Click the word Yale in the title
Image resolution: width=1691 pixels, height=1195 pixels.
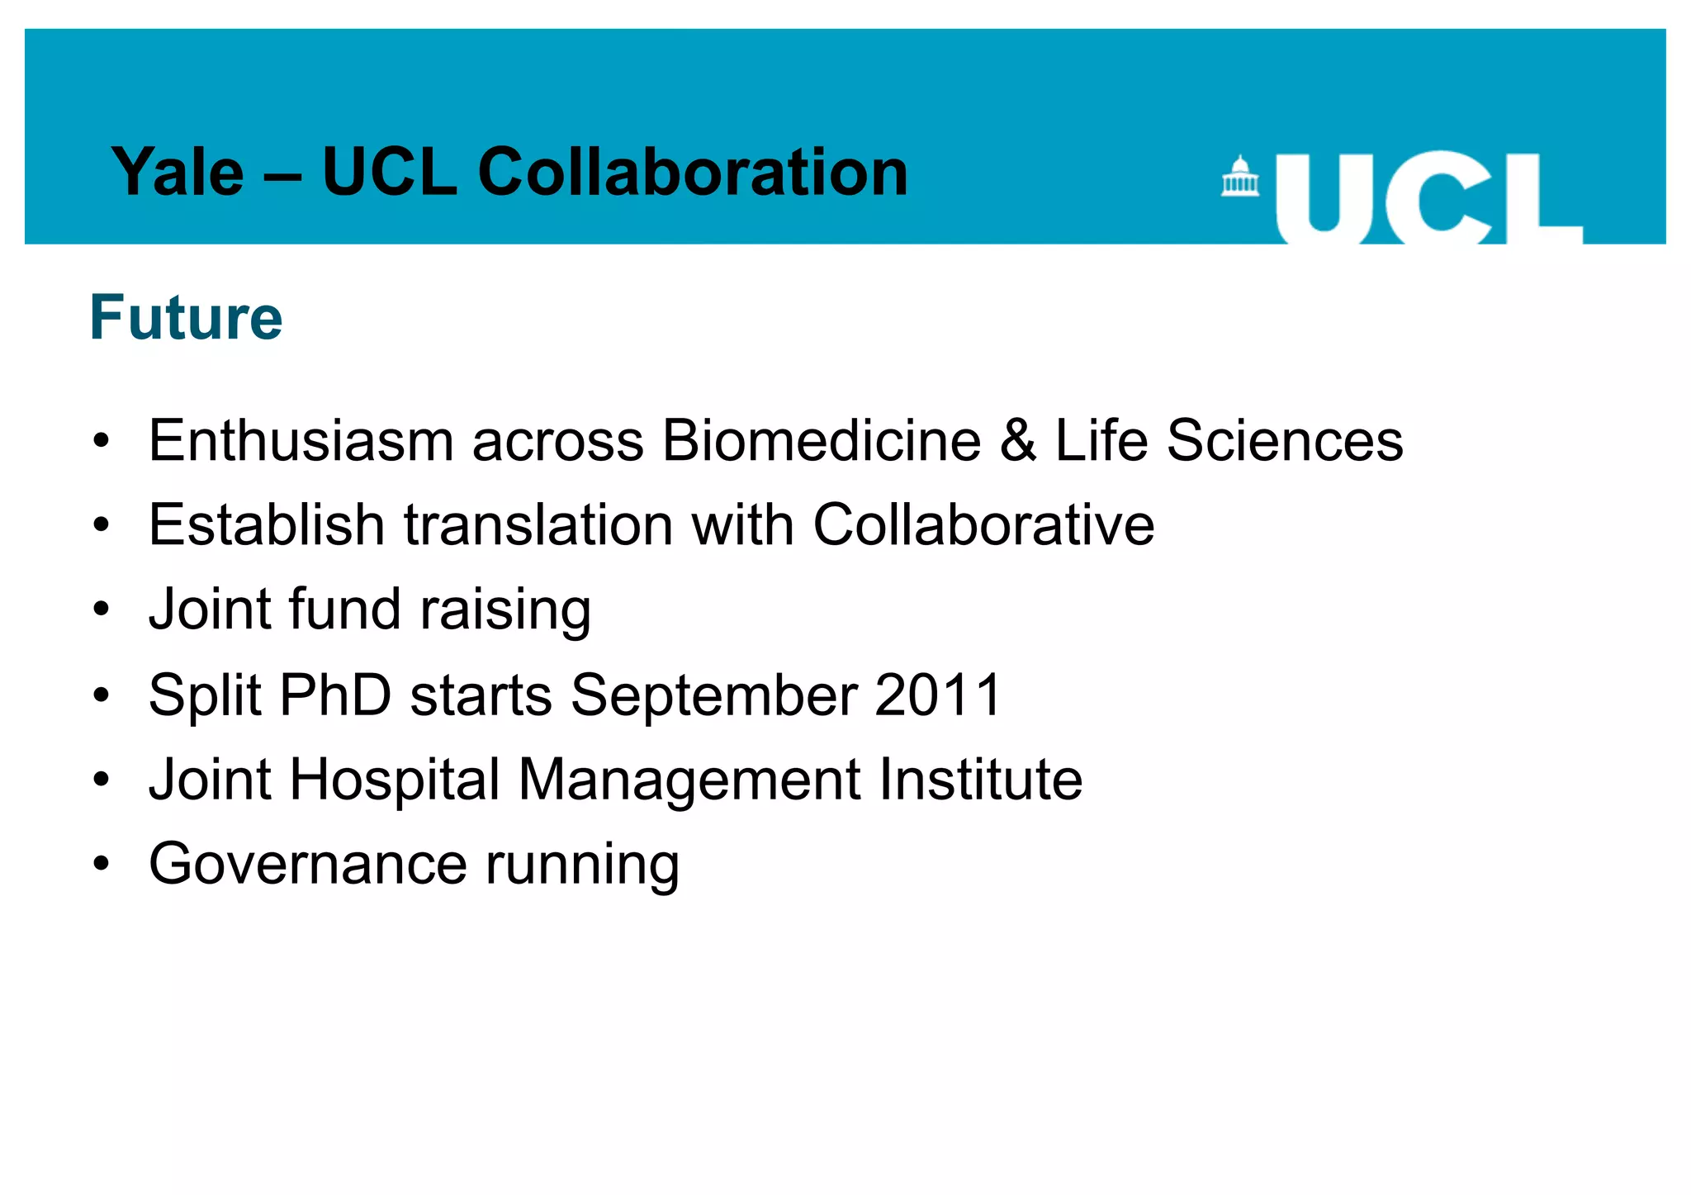click(178, 173)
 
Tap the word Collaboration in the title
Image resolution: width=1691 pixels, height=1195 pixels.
click(693, 173)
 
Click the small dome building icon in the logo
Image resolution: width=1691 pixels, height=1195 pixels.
click(1239, 176)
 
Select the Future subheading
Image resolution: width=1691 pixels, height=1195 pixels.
click(186, 317)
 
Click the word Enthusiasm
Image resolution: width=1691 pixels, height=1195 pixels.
click(301, 440)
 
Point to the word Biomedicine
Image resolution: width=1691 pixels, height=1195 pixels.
click(822, 440)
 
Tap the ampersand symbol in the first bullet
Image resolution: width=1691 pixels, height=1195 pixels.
click(1018, 440)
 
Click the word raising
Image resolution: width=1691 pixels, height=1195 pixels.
click(505, 610)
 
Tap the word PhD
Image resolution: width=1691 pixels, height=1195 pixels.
click(335, 695)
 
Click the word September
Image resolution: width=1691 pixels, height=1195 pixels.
click(713, 695)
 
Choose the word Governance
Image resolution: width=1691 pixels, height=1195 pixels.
click(308, 865)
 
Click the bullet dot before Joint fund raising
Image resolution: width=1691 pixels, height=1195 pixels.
click(102, 610)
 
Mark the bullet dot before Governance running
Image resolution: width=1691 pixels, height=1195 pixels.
click(102, 865)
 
